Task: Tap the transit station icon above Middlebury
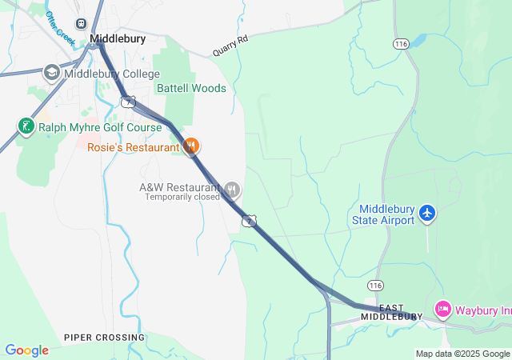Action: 81,24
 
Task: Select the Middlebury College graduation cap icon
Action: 52,74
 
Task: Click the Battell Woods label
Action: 191,88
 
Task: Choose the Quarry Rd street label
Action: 231,45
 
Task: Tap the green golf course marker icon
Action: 26,126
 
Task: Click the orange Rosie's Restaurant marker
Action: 191,146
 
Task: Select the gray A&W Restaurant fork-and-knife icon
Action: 232,190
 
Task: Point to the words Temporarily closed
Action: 182,197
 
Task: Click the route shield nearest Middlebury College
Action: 127,101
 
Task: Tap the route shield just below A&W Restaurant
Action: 250,220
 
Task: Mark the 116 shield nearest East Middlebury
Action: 375,286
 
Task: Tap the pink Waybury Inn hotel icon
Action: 443,309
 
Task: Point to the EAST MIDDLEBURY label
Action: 391,312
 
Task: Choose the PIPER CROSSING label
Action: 105,338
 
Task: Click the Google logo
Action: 27,350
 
